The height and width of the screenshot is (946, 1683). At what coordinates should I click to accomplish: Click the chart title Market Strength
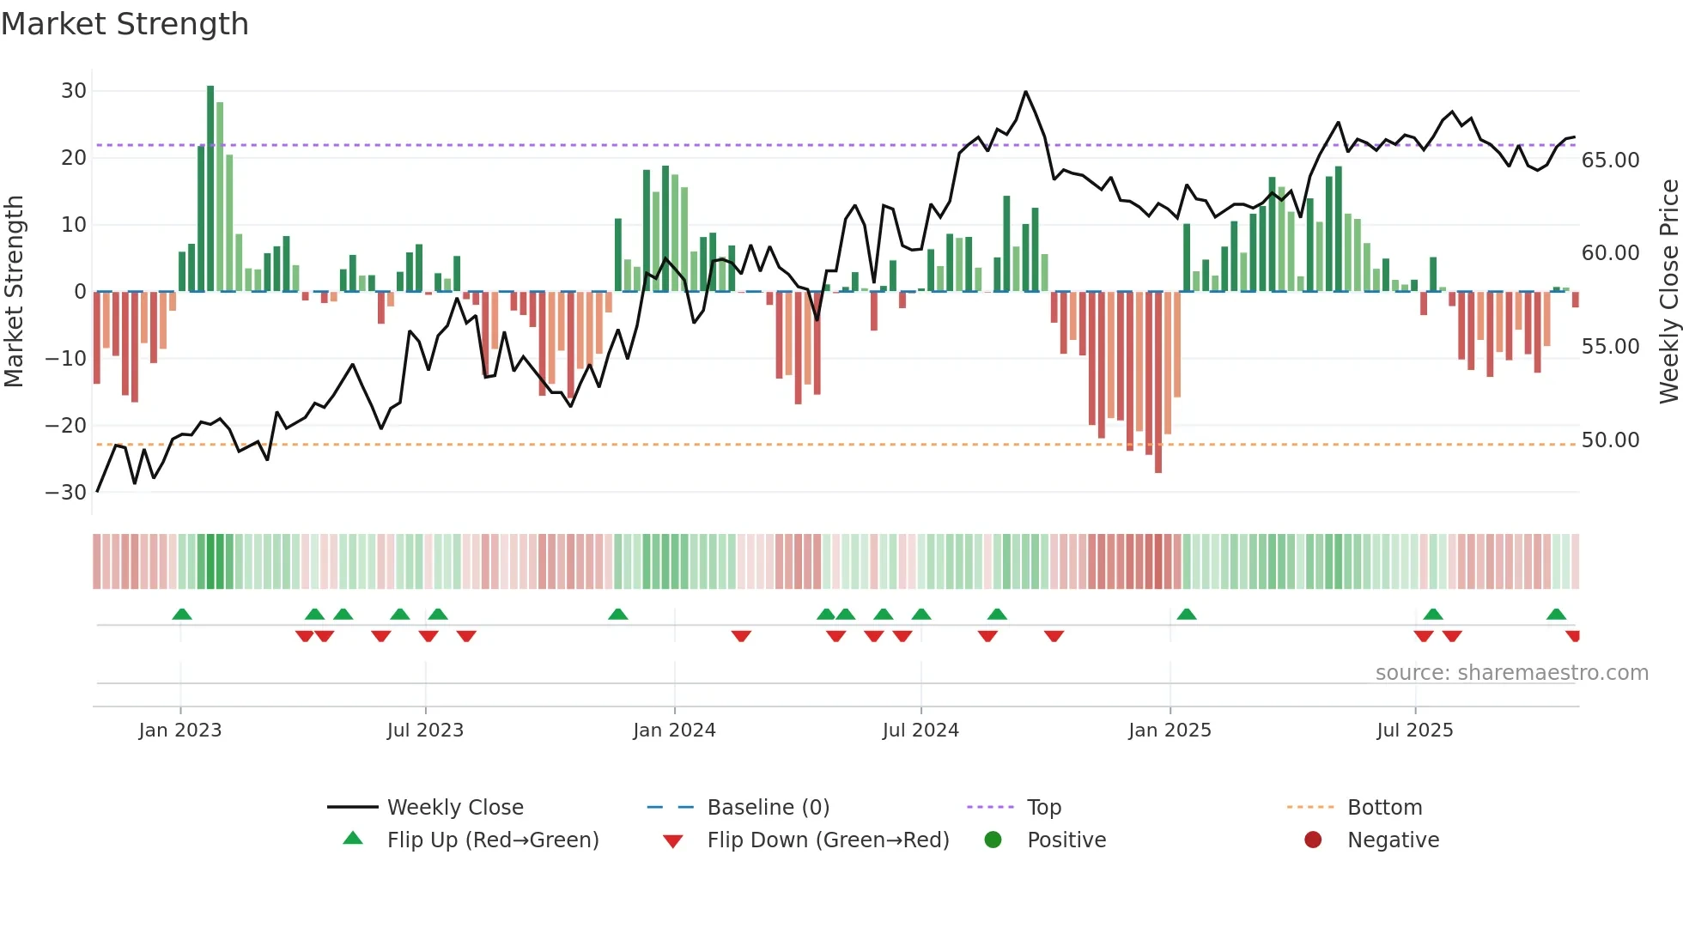125,24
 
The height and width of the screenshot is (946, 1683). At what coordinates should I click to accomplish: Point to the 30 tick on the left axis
74,91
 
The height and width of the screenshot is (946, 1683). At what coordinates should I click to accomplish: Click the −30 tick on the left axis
66,493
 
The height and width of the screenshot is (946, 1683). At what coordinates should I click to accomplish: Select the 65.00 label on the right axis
1610,161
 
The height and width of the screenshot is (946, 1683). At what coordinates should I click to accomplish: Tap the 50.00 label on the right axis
1610,440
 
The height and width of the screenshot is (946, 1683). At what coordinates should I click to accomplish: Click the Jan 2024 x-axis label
674,731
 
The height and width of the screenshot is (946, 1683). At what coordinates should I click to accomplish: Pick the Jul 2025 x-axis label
1414,731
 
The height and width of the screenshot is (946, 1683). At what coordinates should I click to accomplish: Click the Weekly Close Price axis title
1668,292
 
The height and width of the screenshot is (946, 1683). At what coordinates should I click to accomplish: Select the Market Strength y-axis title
14,292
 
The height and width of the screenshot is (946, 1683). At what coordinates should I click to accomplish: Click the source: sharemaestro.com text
1511,673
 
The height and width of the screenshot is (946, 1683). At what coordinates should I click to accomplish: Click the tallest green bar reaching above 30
210,189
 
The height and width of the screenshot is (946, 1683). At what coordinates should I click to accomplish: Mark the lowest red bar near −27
1158,382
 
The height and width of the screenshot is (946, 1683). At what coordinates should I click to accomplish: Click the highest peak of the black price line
1025,92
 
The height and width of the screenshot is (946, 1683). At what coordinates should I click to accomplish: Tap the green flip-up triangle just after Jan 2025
1187,614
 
